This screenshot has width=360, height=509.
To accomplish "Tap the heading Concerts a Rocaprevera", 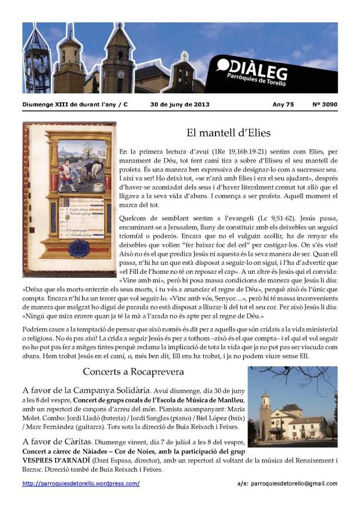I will tap(133, 372).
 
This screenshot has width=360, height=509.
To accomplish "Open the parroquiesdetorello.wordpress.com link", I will tap(81, 483).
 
